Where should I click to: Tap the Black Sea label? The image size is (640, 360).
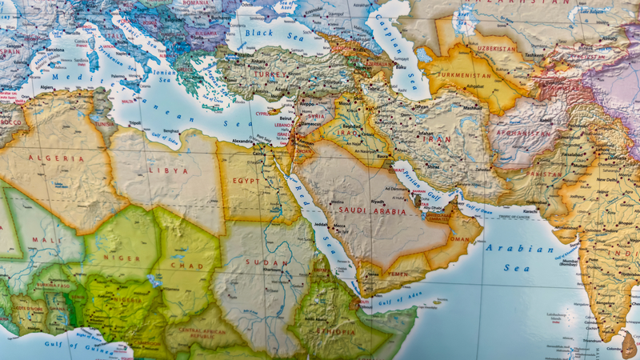[258, 33]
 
